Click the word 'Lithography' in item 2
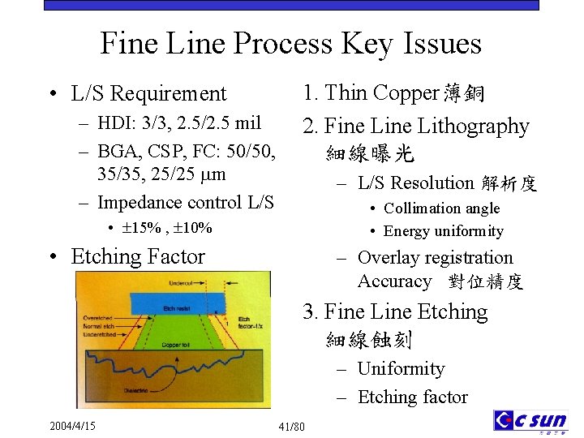click(479, 127)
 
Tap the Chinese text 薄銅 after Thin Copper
click(464, 93)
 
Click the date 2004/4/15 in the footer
click(72, 425)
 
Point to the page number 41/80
click(291, 427)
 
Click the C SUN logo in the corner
click(530, 421)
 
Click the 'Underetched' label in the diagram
click(100, 333)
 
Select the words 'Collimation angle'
click(441, 208)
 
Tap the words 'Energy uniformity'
click(444, 231)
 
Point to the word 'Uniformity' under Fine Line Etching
click(401, 369)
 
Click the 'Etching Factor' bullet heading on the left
click(138, 256)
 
